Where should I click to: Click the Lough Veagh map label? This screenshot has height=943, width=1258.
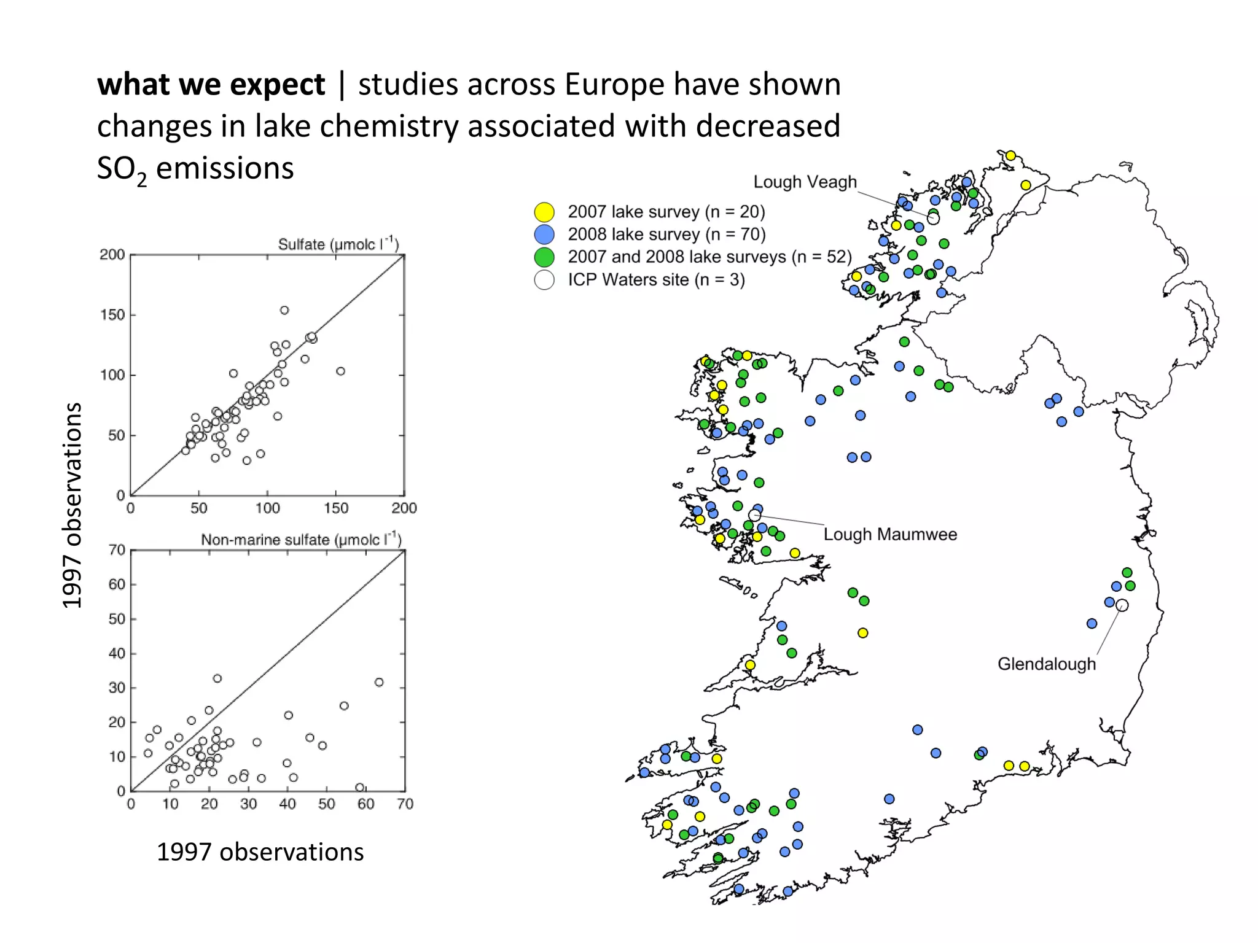pyautogui.click(x=805, y=182)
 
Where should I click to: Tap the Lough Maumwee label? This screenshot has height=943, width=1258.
pyautogui.click(x=890, y=534)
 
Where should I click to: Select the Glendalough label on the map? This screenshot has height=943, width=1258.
pyautogui.click(x=1046, y=664)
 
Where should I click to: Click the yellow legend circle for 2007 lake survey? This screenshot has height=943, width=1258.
pyautogui.click(x=544, y=212)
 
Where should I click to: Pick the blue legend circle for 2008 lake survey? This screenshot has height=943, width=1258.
pyautogui.click(x=544, y=235)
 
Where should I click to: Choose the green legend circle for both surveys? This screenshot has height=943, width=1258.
pyautogui.click(x=544, y=257)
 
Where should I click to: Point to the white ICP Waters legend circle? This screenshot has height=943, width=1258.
pyautogui.click(x=544, y=280)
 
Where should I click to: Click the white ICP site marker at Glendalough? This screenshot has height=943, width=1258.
pyautogui.click(x=1122, y=605)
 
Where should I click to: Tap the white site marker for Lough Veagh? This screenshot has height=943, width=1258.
pyautogui.click(x=933, y=219)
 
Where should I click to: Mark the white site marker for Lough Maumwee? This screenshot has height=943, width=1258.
pyautogui.click(x=755, y=515)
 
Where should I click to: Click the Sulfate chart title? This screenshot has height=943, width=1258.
pyautogui.click(x=338, y=244)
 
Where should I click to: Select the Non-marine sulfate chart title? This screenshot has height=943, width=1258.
pyautogui.click(x=301, y=540)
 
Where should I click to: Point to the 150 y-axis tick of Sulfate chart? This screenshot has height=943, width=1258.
pyautogui.click(x=112, y=315)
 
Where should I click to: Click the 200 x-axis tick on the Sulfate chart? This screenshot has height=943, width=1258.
pyautogui.click(x=404, y=508)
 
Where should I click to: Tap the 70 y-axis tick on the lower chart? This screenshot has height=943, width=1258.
pyautogui.click(x=117, y=550)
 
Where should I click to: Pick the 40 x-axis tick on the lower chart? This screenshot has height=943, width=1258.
pyautogui.click(x=287, y=804)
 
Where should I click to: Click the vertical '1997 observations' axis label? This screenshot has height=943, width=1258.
pyautogui.click(x=72, y=505)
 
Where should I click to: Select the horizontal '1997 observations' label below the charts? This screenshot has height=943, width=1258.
pyautogui.click(x=260, y=852)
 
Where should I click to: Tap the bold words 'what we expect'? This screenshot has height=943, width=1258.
pyautogui.click(x=211, y=84)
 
